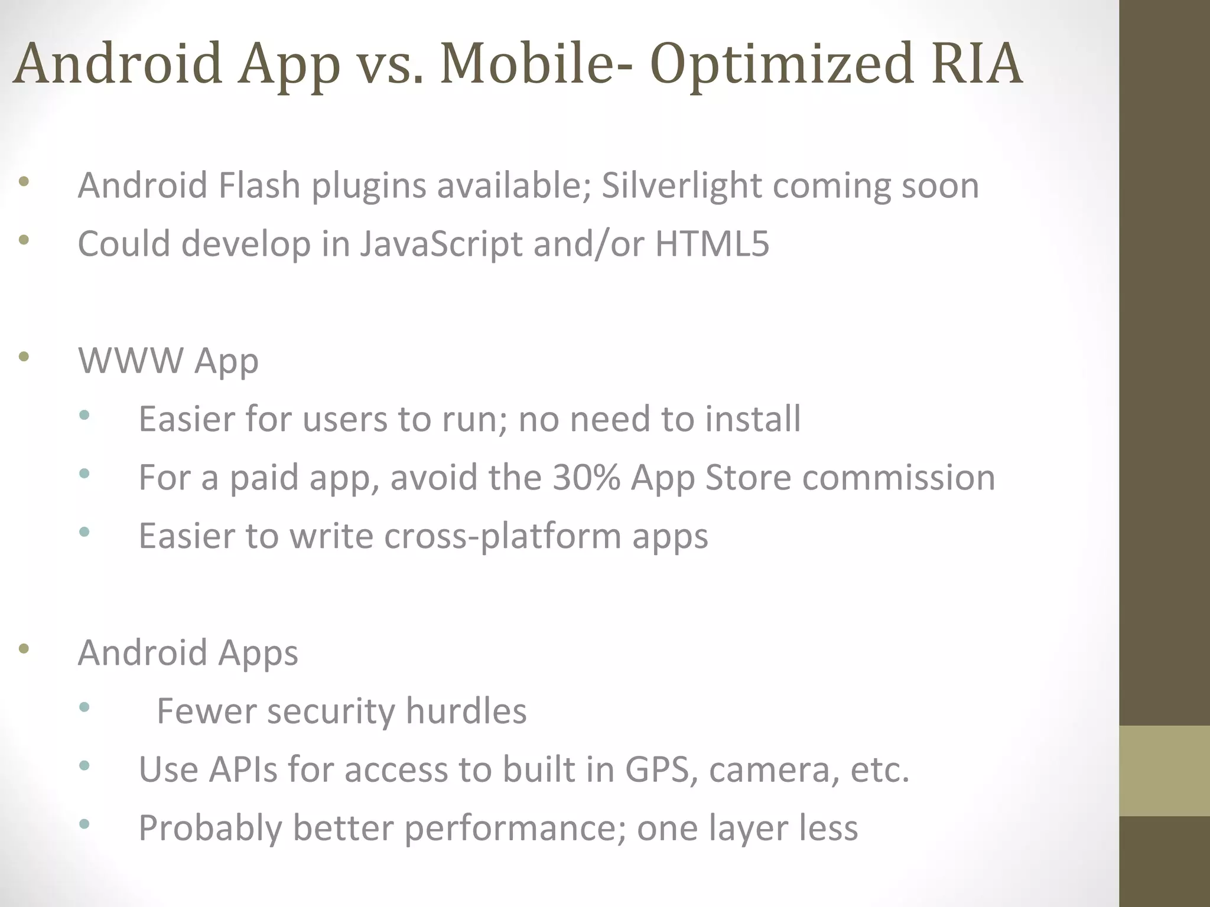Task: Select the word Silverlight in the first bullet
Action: click(681, 185)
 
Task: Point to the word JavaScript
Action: click(441, 244)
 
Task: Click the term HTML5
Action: click(712, 244)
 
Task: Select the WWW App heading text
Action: click(168, 360)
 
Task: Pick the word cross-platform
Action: click(502, 536)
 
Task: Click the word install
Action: click(753, 419)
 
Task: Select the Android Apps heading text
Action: click(188, 652)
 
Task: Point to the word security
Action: click(331, 711)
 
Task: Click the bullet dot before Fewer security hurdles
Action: click(84, 707)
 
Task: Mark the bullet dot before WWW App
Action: click(24, 356)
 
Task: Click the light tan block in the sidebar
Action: click(1164, 771)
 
